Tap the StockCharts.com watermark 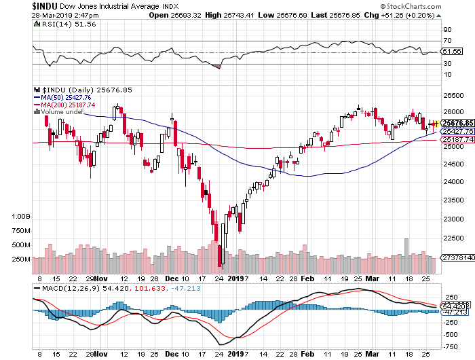[x=436, y=6]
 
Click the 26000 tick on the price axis [x=453, y=112]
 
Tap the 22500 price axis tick [x=453, y=237]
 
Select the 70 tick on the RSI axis [x=447, y=41]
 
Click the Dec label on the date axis [x=171, y=278]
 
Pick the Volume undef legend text [x=62, y=112]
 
